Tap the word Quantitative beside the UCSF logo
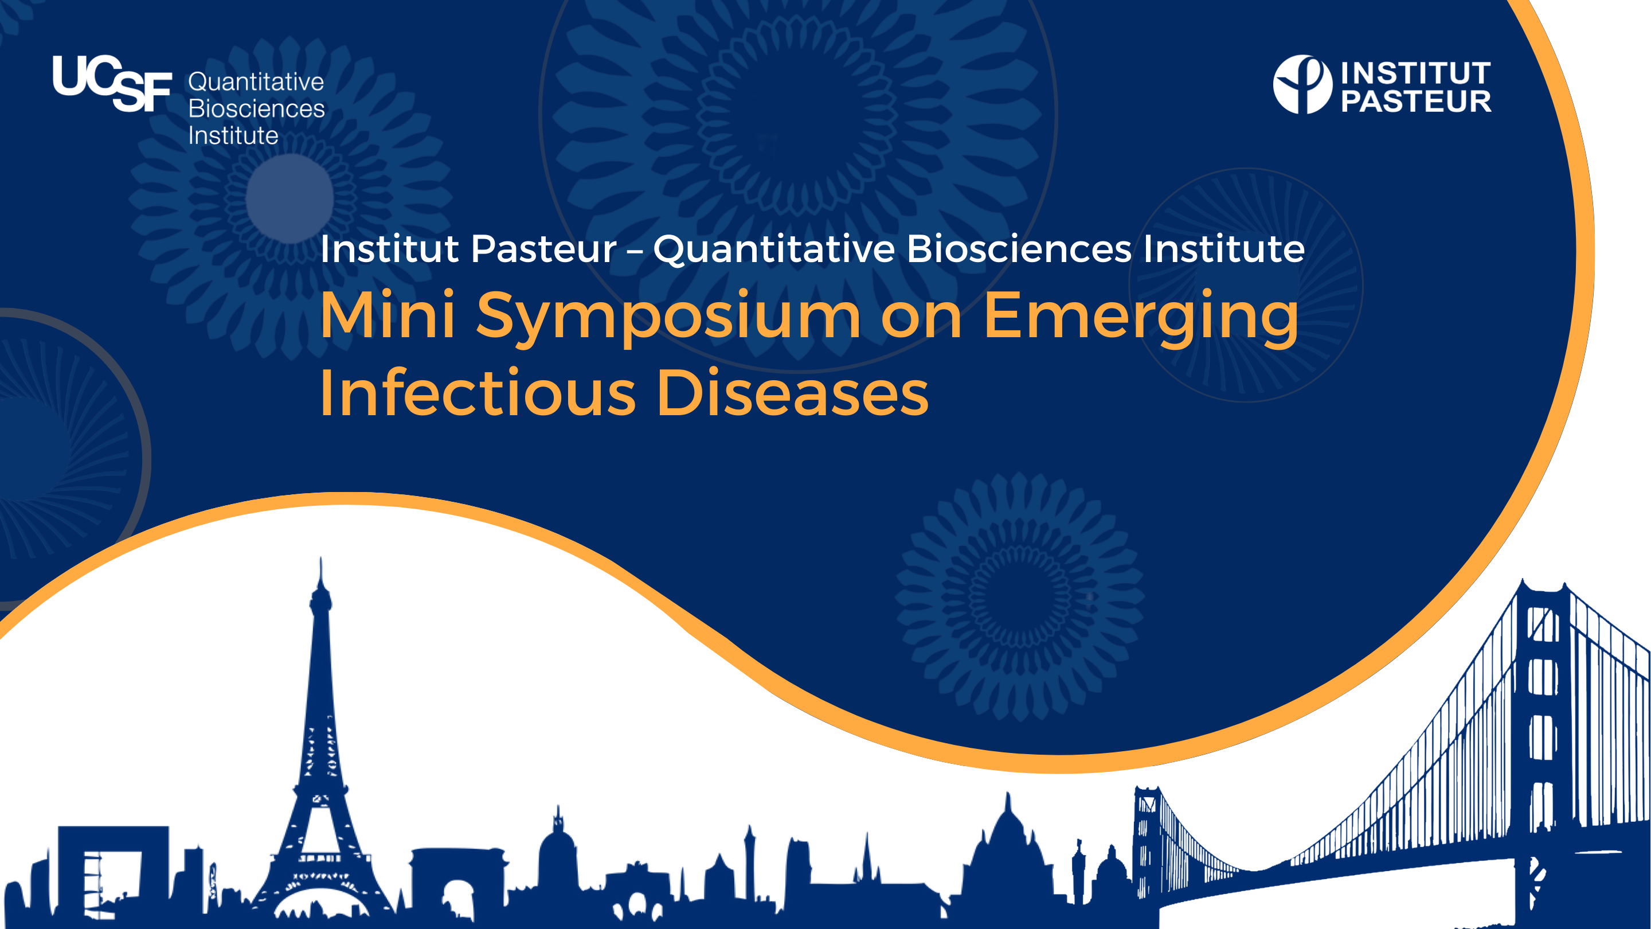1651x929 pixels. tap(256, 82)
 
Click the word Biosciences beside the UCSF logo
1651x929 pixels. tap(256, 109)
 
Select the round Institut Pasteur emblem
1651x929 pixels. tap(1302, 85)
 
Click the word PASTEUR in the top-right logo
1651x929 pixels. tap(1416, 102)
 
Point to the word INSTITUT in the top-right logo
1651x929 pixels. tap(1416, 73)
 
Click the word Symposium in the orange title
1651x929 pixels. tap(668, 316)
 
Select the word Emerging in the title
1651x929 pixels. tap(1140, 316)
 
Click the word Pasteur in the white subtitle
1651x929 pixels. tap(543, 249)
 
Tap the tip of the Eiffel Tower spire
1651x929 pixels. tap(321, 561)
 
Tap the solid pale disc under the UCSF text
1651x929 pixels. tap(289, 198)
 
